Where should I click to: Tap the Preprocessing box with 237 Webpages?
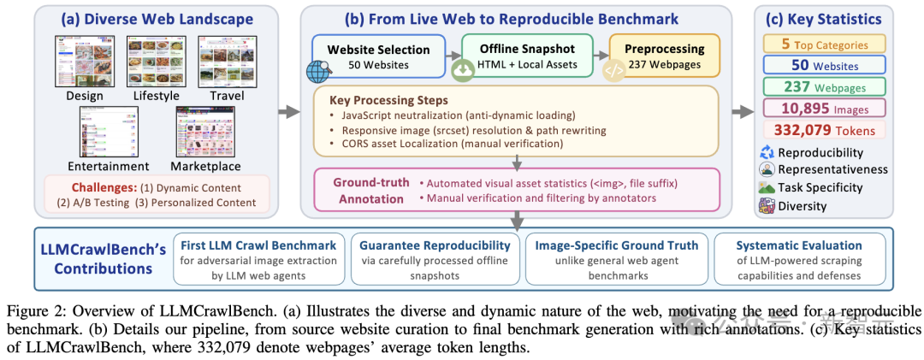point(665,56)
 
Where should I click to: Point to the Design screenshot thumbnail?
point(84,59)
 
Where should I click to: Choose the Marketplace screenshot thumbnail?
point(204,132)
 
